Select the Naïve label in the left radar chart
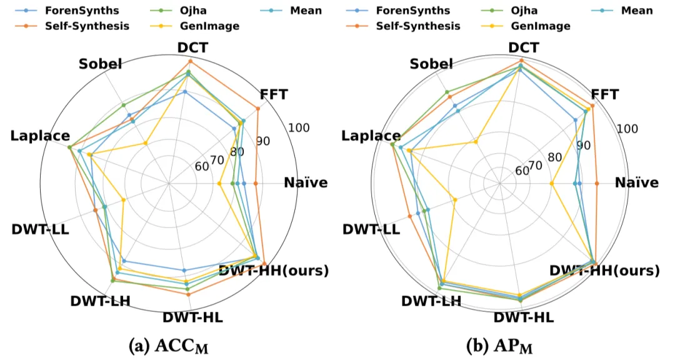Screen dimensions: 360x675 click(305, 182)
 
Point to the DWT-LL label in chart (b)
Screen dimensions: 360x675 click(371, 229)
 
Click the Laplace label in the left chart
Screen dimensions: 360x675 click(39, 136)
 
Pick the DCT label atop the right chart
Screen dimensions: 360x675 click(521, 48)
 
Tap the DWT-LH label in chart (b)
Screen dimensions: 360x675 click(431, 301)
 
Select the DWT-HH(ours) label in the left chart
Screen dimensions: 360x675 click(274, 271)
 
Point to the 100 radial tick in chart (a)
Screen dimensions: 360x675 click(299, 128)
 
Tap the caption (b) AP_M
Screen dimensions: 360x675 click(504, 346)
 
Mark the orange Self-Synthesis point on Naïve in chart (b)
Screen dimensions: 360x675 click(597, 183)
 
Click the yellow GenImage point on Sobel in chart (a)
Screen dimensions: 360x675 click(146, 143)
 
